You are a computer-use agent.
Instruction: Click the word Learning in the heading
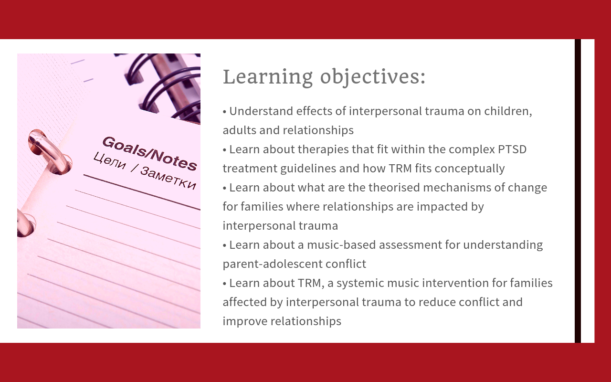point(268,77)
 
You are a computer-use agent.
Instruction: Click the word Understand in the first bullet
point(261,111)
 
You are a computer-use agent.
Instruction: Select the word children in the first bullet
point(507,111)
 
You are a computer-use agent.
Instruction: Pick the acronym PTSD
point(512,149)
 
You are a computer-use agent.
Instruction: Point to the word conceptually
point(469,169)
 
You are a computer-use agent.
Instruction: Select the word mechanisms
point(457,188)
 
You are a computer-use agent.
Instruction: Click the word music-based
point(341,245)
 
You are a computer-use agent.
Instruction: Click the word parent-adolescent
point(273,265)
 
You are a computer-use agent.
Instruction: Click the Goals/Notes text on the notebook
point(149,153)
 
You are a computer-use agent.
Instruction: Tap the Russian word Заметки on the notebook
point(168,178)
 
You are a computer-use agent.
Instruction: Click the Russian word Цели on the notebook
point(110,161)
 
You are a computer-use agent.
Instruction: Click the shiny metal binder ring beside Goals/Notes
point(50,151)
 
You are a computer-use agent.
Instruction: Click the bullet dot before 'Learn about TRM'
point(224,284)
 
